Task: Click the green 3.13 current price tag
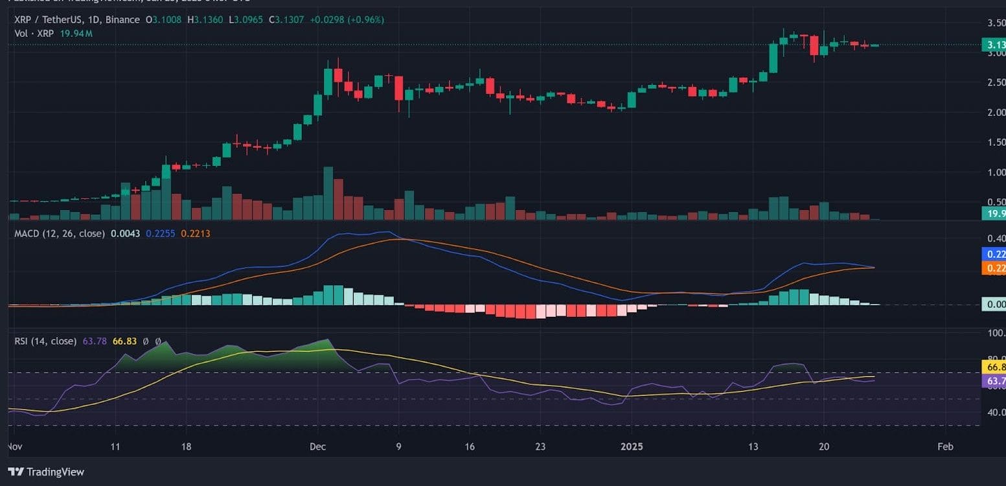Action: (x=993, y=45)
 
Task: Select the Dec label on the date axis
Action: (x=317, y=446)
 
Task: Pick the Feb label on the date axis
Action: (x=945, y=446)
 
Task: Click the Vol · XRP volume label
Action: (x=33, y=33)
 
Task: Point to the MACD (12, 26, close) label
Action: (x=60, y=233)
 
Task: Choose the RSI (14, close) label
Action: (x=46, y=341)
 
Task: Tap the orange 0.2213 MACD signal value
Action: (x=196, y=233)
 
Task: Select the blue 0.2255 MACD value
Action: (x=160, y=233)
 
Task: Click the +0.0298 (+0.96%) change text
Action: (x=347, y=20)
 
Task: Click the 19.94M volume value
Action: (x=77, y=33)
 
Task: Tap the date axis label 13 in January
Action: (x=753, y=446)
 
